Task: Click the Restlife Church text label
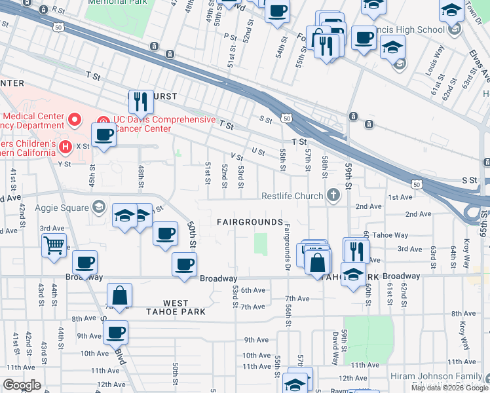pos(292,196)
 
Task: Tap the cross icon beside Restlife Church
pos(333,195)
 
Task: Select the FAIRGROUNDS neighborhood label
pos(250,223)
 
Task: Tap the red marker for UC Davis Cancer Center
pos(103,120)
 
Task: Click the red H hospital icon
pos(65,145)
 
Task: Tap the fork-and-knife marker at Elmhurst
pos(141,101)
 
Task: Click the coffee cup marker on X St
pos(104,136)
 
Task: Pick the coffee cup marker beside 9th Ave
pos(116,332)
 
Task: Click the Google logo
pos(22,385)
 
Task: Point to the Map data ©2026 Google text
pos(449,388)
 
